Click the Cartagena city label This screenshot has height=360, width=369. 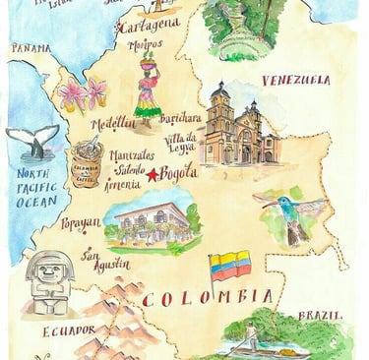pyautogui.click(x=149, y=24)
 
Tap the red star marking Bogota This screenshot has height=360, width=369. pyautogui.click(x=154, y=175)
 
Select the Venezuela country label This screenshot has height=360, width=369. pyautogui.click(x=295, y=81)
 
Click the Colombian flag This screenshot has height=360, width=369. pyautogui.click(x=229, y=266)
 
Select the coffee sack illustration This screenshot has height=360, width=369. pyautogui.click(x=88, y=162)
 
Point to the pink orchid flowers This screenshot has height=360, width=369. pyautogui.click(x=83, y=94)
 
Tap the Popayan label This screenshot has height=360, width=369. pyautogui.click(x=80, y=225)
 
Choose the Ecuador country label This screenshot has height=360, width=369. pyautogui.click(x=69, y=330)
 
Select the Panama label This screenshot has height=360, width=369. pyautogui.click(x=31, y=48)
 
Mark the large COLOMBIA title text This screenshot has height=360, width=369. pyautogui.click(x=208, y=296)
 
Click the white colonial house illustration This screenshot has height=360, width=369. pyautogui.click(x=154, y=220)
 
